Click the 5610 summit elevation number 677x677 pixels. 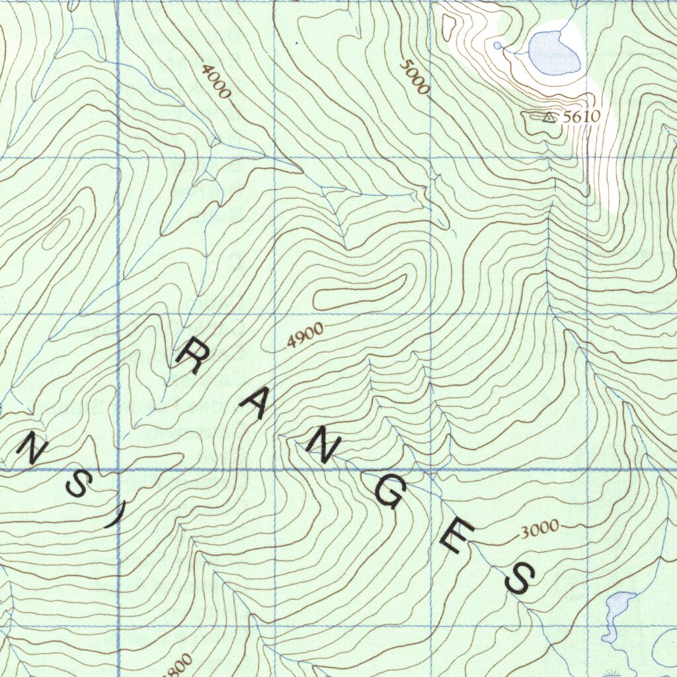(581, 117)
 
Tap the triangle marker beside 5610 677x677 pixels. (548, 117)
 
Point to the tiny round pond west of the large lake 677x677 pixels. (497, 45)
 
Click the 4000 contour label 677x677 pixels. (216, 83)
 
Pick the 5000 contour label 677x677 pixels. (415, 77)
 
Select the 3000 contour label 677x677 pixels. (539, 529)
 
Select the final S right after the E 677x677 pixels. (518, 579)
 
